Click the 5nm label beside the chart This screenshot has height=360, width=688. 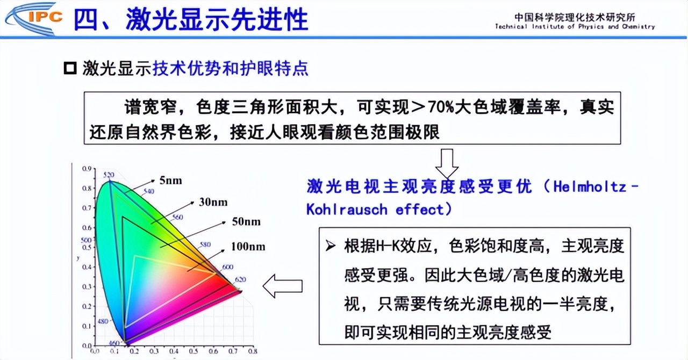click(170, 181)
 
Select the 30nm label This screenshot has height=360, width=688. click(213, 202)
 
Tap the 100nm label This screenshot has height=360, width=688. click(248, 247)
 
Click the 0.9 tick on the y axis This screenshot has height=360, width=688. click(87, 169)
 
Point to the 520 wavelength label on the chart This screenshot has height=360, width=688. click(109, 175)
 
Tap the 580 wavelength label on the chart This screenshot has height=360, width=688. click(204, 244)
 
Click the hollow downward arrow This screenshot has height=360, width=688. click(447, 163)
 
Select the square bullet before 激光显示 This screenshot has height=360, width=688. click(70, 69)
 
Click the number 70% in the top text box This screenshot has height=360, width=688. click(441, 107)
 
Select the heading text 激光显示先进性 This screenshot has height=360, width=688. click(217, 20)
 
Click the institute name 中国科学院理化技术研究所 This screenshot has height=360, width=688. click(575, 17)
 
